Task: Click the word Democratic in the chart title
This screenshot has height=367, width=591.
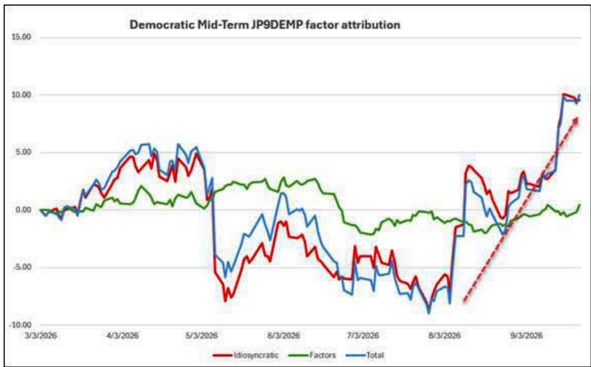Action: pos(162,25)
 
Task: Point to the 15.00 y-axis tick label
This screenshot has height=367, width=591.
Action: pos(22,37)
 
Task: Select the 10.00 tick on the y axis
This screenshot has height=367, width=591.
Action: pos(22,94)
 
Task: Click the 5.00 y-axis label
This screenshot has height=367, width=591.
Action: pos(24,152)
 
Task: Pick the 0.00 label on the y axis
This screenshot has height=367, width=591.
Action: pos(24,210)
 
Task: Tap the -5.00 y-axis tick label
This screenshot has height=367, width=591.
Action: pos(22,267)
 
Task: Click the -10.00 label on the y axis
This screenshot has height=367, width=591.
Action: pos(20,325)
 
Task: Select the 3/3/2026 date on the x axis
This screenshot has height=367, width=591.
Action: pos(41,336)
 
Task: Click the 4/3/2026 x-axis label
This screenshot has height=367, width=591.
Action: pos(123,336)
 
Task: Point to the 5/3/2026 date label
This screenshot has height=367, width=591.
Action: pos(202,336)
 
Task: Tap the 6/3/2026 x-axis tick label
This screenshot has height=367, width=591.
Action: pos(284,336)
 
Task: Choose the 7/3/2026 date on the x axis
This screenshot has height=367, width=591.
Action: pos(363,336)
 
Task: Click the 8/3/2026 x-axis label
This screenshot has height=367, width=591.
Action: pos(444,336)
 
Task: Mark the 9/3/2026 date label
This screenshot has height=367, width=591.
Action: pos(526,336)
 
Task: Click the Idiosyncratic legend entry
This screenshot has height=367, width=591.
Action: pos(246,355)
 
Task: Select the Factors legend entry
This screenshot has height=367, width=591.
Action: pos(312,355)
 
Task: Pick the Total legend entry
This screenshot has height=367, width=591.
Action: pos(365,355)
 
